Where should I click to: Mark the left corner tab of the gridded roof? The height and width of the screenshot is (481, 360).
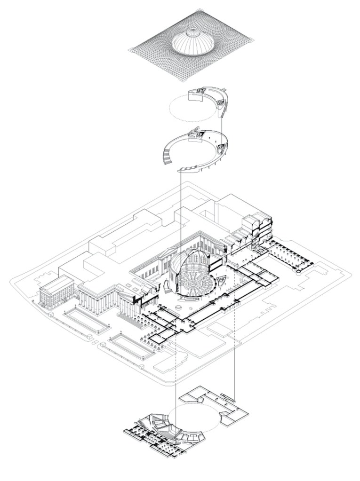click(130, 50)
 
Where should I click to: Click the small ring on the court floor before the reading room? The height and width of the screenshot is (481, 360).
click(178, 307)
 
